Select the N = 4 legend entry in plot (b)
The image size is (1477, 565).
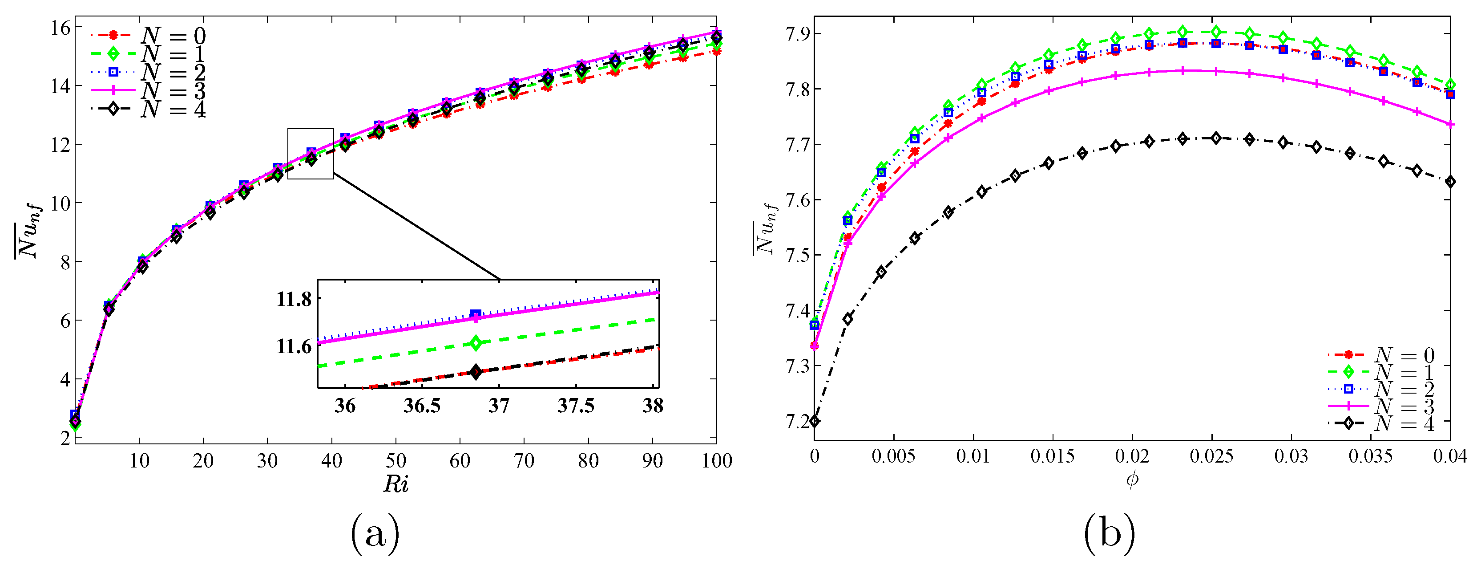click(x=1382, y=423)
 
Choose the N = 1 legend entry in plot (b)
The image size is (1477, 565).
click(x=1382, y=372)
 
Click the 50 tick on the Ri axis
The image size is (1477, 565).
click(x=395, y=461)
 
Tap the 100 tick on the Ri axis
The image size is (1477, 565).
click(x=716, y=461)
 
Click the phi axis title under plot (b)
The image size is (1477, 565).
click(x=1132, y=479)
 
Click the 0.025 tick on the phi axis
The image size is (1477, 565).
click(x=1211, y=457)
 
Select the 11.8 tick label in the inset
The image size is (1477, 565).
click(x=294, y=299)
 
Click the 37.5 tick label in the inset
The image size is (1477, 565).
click(x=576, y=406)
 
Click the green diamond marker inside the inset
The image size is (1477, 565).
click(x=475, y=343)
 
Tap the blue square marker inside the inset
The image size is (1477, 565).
click(x=475, y=314)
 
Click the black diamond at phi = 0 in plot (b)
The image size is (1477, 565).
click(x=814, y=421)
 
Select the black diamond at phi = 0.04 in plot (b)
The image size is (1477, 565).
click(x=1450, y=182)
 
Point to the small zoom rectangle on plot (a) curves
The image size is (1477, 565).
click(x=310, y=153)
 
